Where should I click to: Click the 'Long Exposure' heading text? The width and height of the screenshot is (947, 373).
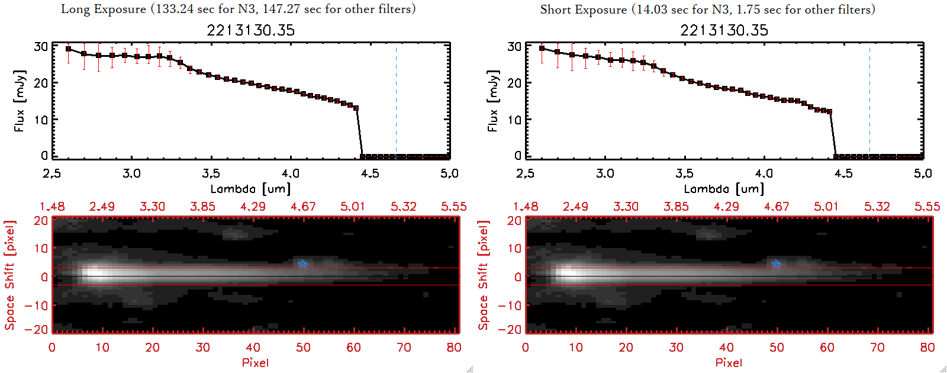coord(104,9)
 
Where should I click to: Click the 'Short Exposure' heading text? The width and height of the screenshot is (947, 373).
coord(583,9)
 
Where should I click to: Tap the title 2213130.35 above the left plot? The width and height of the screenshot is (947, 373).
coord(250,30)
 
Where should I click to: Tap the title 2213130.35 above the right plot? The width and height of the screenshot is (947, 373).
coord(724,30)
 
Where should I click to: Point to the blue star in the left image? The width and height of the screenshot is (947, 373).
coord(303,263)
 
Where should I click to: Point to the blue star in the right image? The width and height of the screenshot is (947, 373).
coord(777,263)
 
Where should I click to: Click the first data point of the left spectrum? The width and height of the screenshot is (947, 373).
coord(69,49)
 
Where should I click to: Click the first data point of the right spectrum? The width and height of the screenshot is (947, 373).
coord(542,49)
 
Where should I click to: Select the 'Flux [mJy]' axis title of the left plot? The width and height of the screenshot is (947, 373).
coord(20,101)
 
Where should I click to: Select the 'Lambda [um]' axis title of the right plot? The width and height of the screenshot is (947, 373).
coord(724,189)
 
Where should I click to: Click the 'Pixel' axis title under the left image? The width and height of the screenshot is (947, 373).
coord(255,362)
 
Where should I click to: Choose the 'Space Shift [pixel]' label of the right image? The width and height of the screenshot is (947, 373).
coord(484,275)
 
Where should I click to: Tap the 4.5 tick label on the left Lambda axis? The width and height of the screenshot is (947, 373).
coord(370,173)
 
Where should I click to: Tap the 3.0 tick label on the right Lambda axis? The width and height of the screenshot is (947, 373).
coord(605,173)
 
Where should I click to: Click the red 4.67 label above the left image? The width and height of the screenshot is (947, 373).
coord(303,207)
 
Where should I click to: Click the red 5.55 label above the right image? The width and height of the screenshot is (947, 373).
coord(927,207)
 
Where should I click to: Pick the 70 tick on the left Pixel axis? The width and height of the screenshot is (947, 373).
coord(404,348)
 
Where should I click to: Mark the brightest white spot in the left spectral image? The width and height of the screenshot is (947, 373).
coord(95,274)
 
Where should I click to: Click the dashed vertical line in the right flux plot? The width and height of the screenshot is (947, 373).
coord(869,101)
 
